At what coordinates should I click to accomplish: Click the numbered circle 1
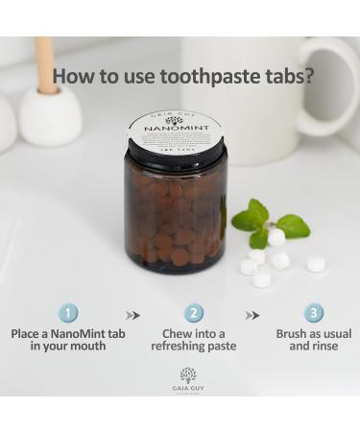point(68,313)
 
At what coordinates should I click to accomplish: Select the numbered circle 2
point(193,313)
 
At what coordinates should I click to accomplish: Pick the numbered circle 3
point(314,313)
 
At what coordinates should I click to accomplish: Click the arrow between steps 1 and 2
point(132,315)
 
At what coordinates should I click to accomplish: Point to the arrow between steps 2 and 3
point(252,315)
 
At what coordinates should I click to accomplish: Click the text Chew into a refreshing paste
point(193,340)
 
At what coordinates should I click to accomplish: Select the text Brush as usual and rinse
point(314,340)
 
